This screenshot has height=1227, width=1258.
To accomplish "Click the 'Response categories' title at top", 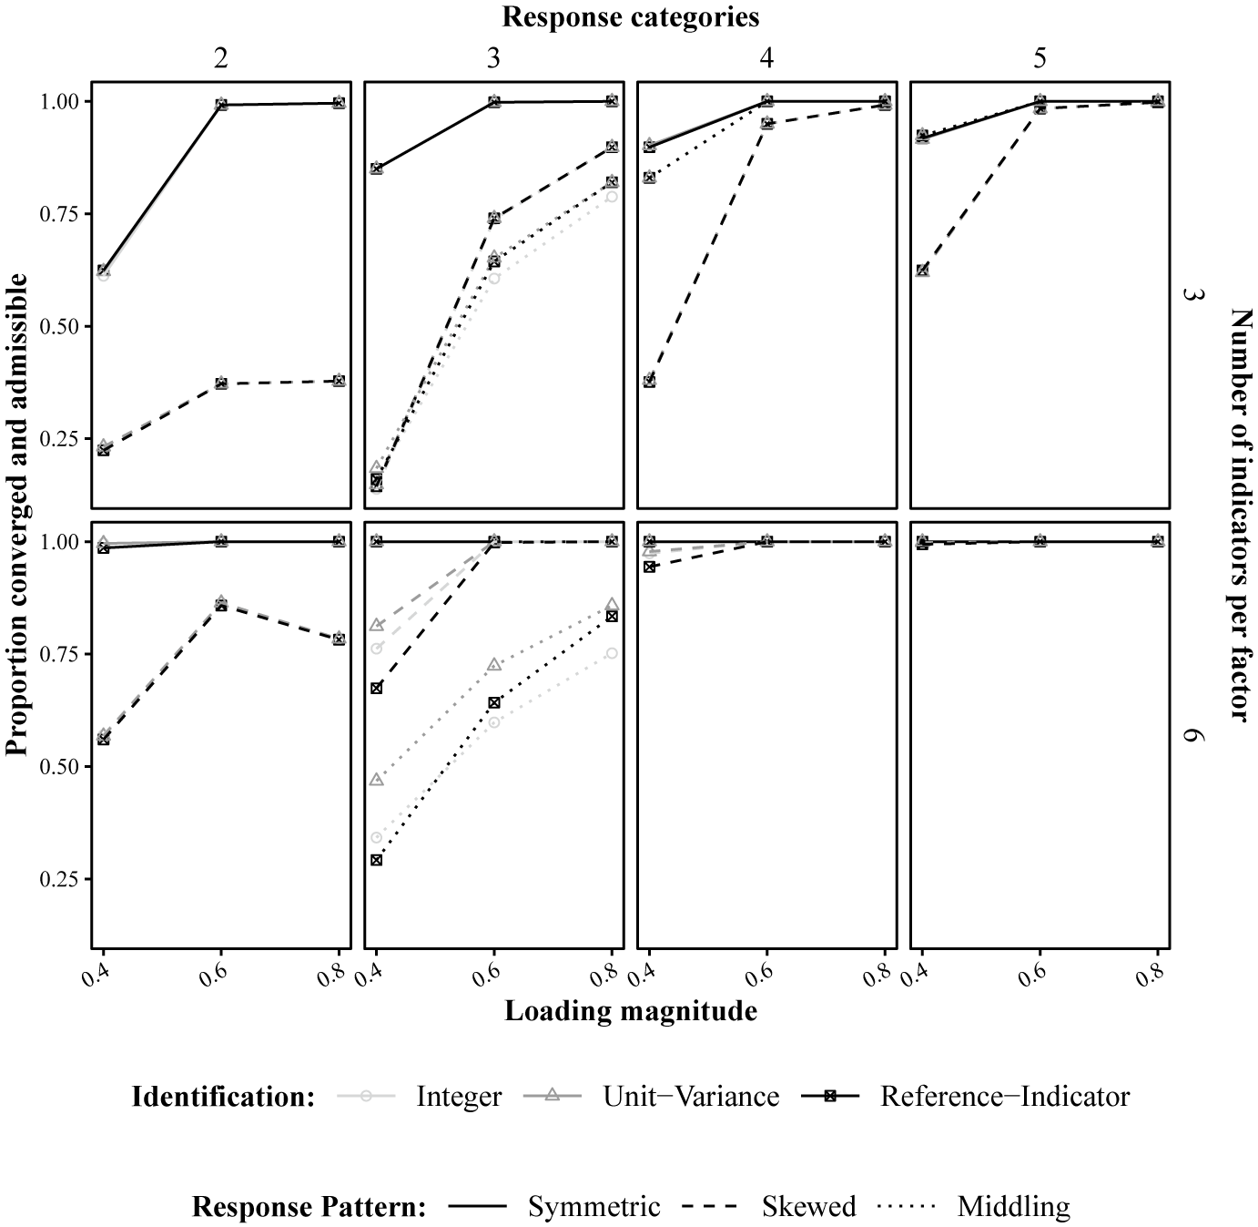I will coord(630,16).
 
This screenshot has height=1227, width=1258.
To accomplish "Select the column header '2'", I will coord(220,58).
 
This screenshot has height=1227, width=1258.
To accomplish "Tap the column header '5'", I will coord(1040,58).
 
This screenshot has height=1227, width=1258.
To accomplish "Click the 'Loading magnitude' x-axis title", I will coord(630,1011).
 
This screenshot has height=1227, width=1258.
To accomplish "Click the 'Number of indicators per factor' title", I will coord(1240,515).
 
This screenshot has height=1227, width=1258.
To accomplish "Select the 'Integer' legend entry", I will coord(458,1096).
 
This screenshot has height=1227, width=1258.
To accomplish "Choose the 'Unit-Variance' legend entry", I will coord(691,1096).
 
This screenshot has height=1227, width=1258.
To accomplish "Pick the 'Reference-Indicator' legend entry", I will coord(1004,1096).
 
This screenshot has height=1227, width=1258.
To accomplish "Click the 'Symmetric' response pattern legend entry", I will coord(593,1207).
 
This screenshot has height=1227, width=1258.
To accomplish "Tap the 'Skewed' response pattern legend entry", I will coord(808,1207).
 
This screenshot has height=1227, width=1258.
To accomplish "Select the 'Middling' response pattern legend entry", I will coord(1013,1207).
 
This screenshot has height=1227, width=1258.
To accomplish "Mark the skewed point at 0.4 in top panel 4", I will coord(649,381).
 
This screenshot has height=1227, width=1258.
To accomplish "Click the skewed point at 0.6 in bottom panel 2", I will coord(220,605).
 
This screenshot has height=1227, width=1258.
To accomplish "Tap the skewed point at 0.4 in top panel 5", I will coord(922,271).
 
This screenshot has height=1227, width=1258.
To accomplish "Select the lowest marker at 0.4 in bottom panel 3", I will coord(376,859).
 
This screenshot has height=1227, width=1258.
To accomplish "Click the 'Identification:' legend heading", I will coord(223,1096).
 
